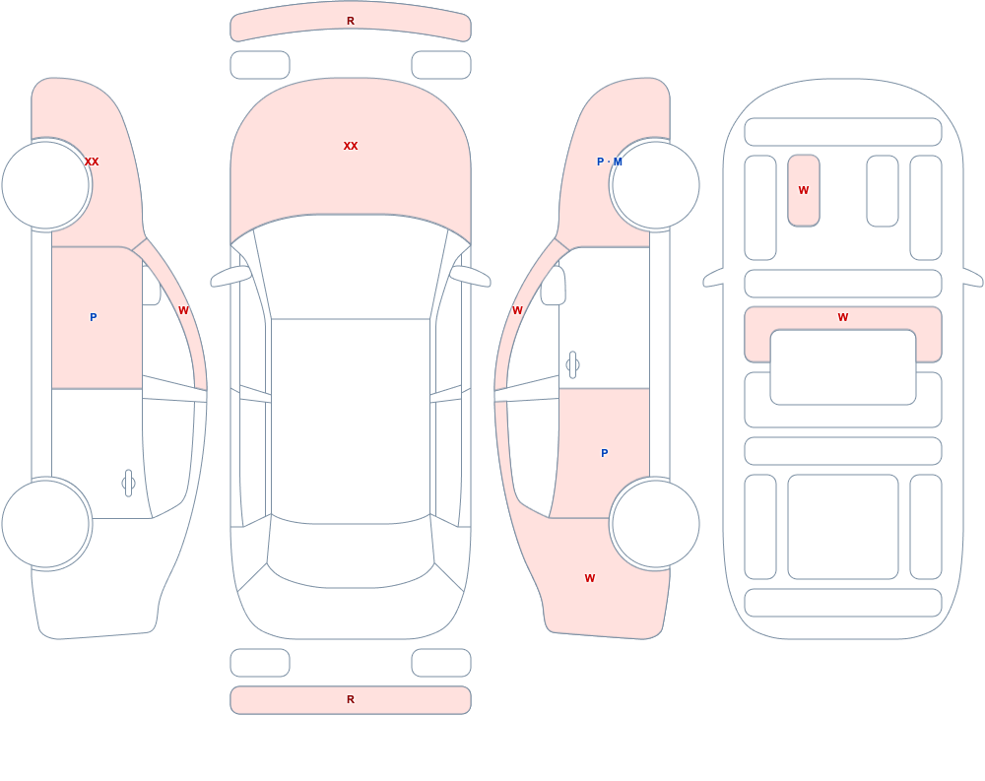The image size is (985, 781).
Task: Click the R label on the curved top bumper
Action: [x=351, y=21]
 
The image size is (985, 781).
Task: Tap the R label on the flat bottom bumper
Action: [x=351, y=699]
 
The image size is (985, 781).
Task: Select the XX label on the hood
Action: [x=351, y=146]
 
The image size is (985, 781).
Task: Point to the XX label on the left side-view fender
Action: [x=92, y=162]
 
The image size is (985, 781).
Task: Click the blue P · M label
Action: [x=610, y=162]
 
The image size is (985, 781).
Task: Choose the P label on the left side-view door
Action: [x=93, y=317]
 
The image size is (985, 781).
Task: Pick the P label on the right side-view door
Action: [x=605, y=453]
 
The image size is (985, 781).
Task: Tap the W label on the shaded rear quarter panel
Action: [x=589, y=578]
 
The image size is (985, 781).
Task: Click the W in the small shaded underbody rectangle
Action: [x=804, y=190]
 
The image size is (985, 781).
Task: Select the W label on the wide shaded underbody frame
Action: [x=843, y=317]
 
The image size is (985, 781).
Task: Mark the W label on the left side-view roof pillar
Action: [x=183, y=310]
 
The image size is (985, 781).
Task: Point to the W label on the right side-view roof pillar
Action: [x=517, y=310]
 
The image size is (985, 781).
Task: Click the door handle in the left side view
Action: [x=128, y=484]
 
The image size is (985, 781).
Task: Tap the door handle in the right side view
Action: [x=572, y=365]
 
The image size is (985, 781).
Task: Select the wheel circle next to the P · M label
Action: [x=655, y=185]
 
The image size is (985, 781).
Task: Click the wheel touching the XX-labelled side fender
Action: [x=46, y=185]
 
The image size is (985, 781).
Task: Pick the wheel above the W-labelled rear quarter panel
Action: [x=655, y=524]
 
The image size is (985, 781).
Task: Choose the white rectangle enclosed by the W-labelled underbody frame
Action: [x=843, y=367]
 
